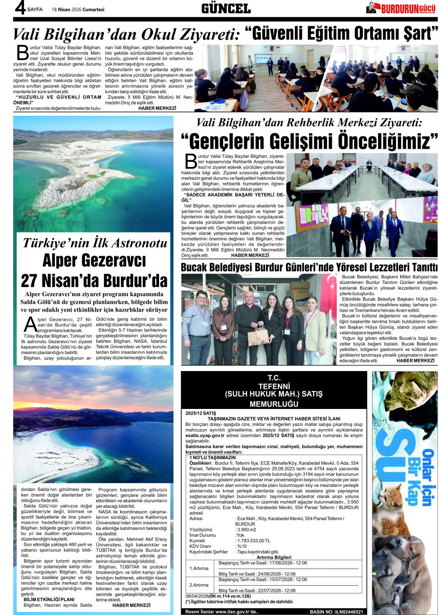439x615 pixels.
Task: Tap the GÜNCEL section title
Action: (x=226, y=9)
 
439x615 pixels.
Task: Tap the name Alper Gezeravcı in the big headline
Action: (x=94, y=261)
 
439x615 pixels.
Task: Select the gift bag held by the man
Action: (x=258, y=336)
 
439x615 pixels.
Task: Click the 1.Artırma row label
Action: (x=199, y=568)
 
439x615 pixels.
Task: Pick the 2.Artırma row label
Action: (x=199, y=585)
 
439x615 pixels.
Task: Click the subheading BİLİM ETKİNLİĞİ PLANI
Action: (x=49, y=599)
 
